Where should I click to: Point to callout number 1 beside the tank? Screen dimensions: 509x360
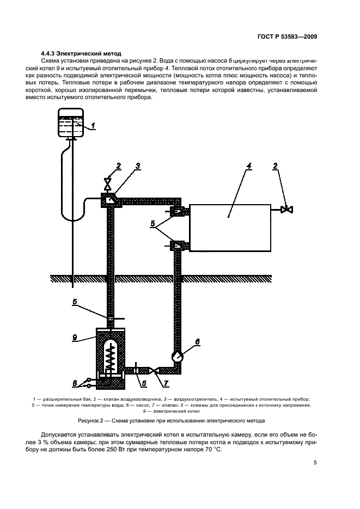coord(94,126)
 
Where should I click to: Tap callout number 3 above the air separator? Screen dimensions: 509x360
coord(138,165)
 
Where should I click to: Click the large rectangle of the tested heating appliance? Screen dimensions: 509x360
coord(229,228)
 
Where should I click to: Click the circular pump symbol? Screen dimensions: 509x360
coord(177,357)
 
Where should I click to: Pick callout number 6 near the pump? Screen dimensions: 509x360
coord(198,342)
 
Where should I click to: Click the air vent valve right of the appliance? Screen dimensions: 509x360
coord(285,209)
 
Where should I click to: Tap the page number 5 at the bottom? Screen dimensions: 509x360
coord(315,463)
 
